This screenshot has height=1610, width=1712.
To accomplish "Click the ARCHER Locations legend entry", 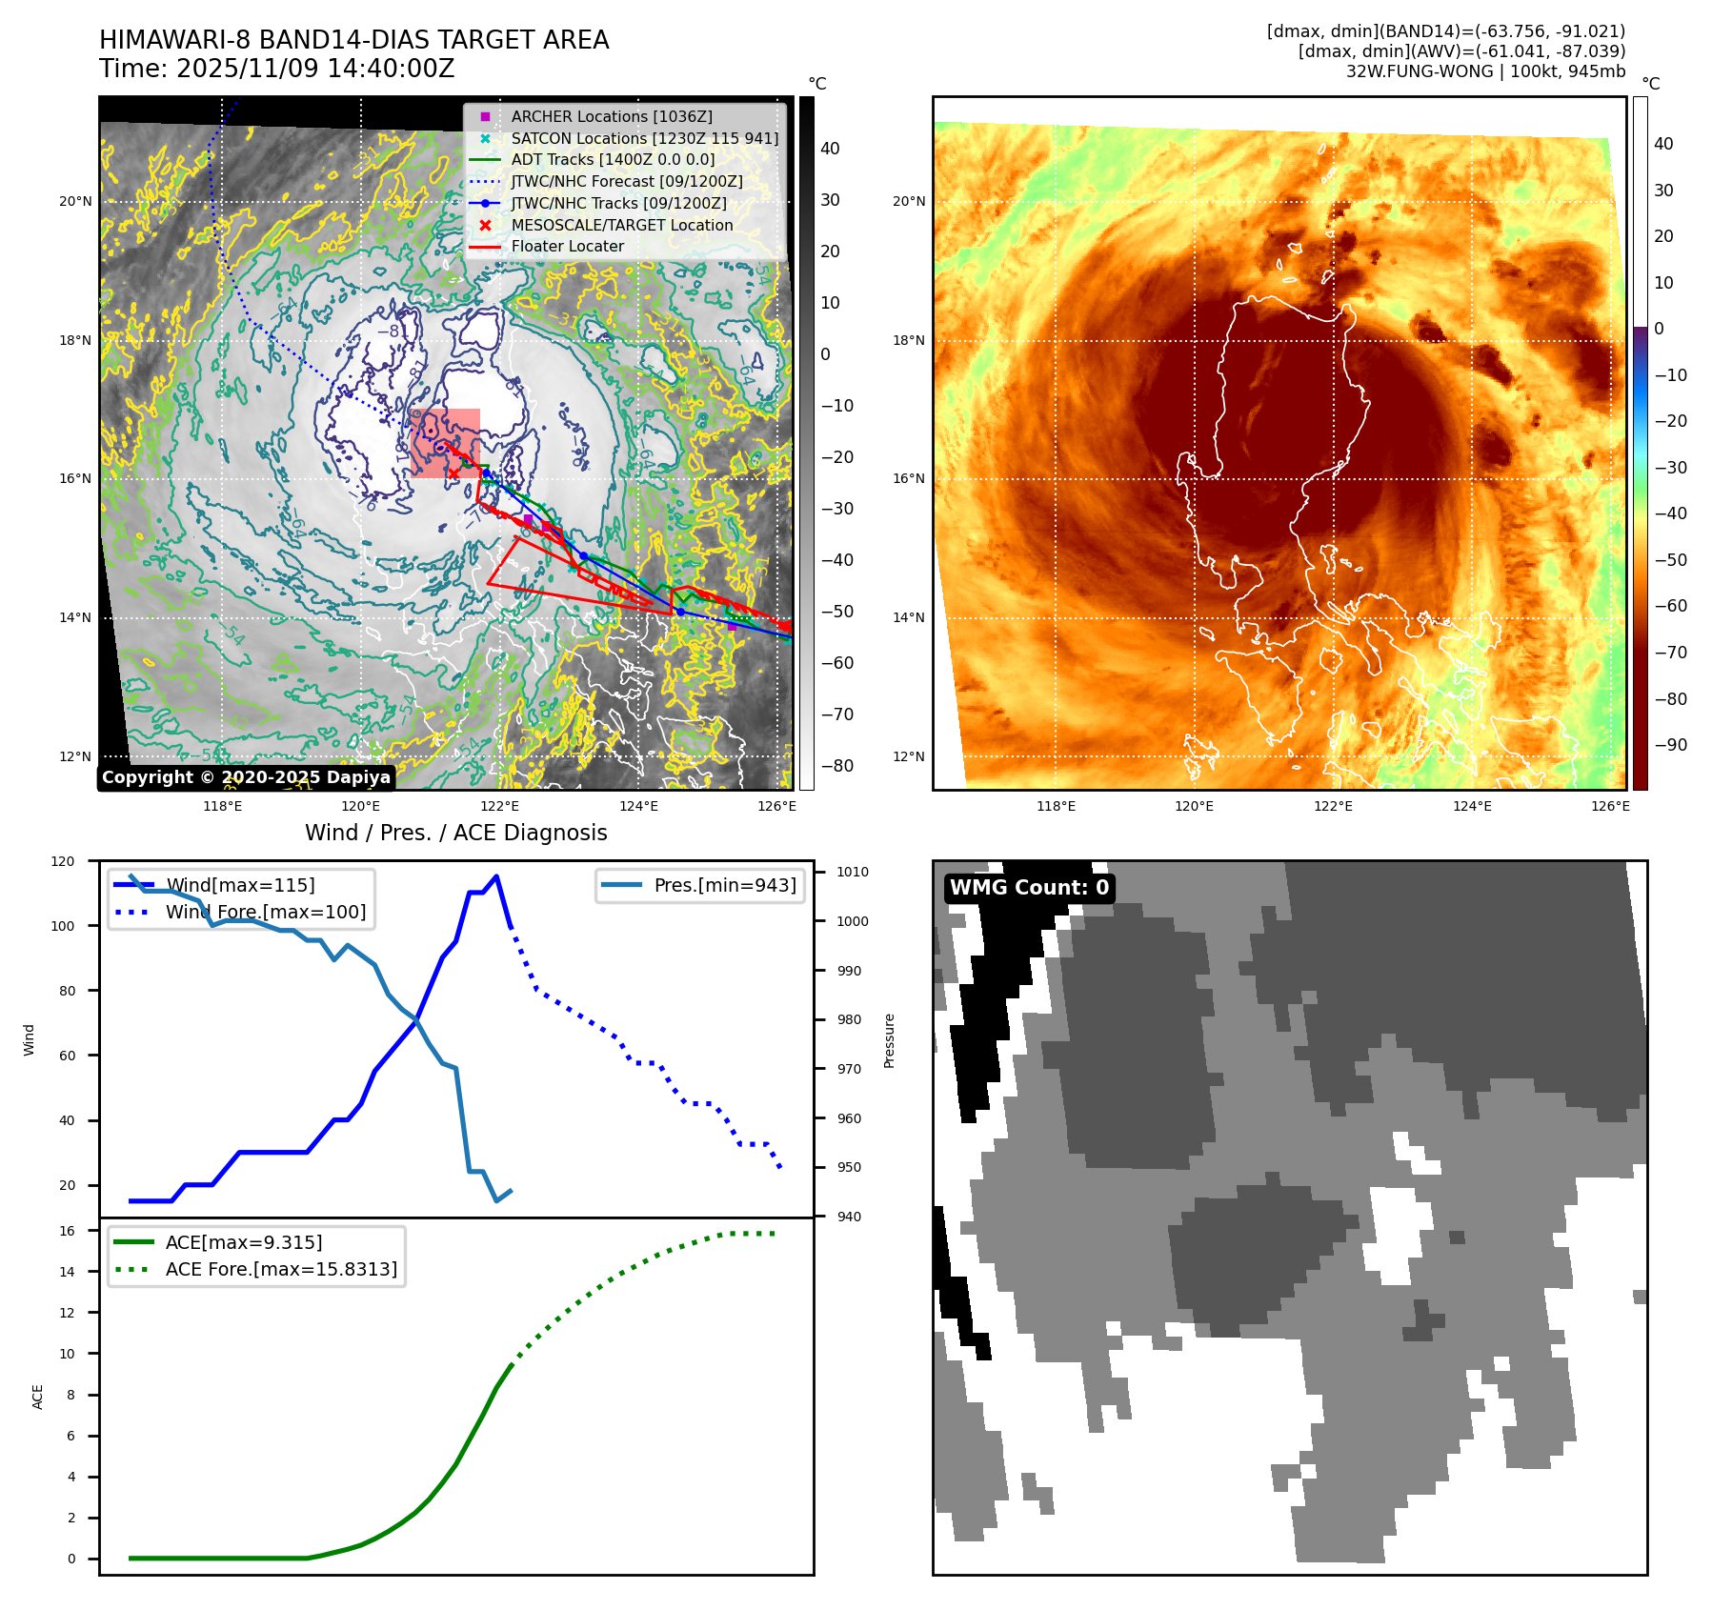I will [x=611, y=116].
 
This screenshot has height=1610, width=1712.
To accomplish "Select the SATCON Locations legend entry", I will [x=644, y=138].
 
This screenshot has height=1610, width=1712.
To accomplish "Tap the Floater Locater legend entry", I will [x=567, y=246].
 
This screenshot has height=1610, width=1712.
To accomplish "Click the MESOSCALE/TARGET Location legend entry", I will [x=621, y=225].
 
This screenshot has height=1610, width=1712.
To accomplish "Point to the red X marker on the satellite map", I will [x=453, y=473].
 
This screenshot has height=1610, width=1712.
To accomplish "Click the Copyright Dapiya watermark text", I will [x=246, y=777].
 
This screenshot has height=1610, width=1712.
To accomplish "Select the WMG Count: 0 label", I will [x=1029, y=888].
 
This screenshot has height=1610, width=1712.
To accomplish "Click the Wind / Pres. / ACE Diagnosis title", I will [x=455, y=833].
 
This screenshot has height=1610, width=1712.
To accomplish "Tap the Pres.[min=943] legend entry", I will [x=724, y=885].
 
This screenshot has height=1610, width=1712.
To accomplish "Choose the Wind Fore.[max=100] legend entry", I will [x=265, y=912].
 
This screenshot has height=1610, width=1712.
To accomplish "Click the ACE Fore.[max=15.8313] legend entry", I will [x=281, y=1269].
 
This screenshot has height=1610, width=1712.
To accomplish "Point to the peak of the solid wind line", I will [x=496, y=876].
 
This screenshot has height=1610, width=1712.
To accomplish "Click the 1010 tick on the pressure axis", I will [x=853, y=872].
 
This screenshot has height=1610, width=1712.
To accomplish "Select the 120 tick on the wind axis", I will [x=63, y=861].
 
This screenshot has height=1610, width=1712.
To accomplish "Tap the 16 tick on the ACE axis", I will [x=67, y=1231].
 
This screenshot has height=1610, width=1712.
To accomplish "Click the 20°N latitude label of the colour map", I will [x=909, y=201].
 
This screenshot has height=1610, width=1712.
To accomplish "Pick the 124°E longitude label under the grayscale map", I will [x=638, y=806].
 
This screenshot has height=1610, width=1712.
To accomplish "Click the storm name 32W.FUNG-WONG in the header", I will [x=1419, y=71].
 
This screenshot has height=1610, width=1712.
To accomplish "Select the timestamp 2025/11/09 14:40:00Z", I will [x=315, y=69].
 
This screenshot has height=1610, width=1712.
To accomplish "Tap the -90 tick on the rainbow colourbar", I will [x=1671, y=745].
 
